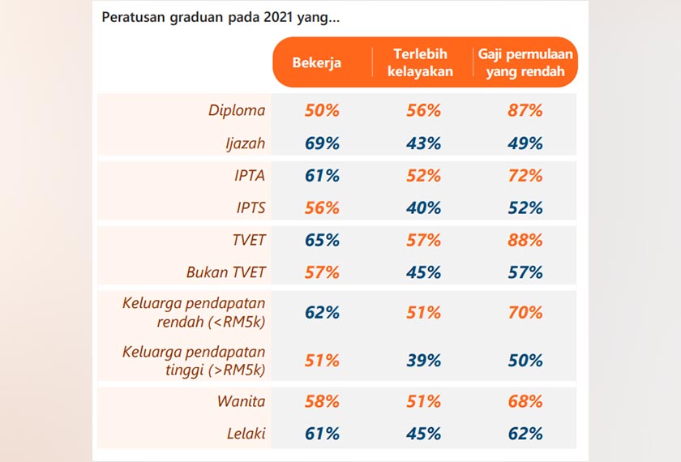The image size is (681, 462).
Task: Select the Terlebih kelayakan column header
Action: [x=423, y=62]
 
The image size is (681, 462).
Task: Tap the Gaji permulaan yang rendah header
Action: [x=525, y=62]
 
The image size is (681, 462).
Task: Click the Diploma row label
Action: [x=237, y=111]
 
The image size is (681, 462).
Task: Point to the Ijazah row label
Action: [x=246, y=143]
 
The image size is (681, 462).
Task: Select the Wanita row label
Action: [x=241, y=401]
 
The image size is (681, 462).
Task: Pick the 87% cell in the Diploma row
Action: [x=525, y=111]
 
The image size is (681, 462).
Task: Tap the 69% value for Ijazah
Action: [x=322, y=143]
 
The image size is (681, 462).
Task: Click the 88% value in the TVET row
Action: [x=525, y=241]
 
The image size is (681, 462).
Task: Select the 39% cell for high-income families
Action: [x=423, y=361]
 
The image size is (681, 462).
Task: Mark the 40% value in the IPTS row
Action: [x=423, y=208]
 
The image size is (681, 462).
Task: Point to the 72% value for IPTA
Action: [x=525, y=176]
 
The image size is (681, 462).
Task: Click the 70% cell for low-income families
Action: [x=525, y=312]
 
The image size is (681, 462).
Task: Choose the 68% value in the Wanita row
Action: [x=525, y=401]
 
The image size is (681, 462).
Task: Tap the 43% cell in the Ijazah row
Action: [x=423, y=143]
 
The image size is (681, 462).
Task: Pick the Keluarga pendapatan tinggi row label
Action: [x=194, y=361]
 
